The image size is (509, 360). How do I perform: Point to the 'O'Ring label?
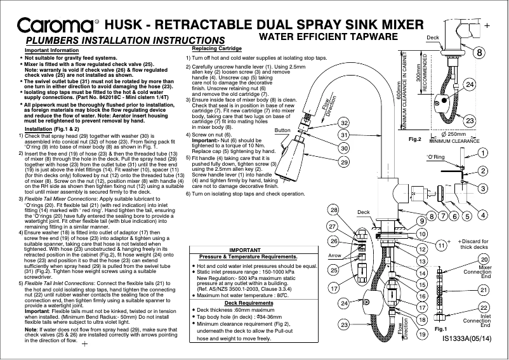tap(452, 156)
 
